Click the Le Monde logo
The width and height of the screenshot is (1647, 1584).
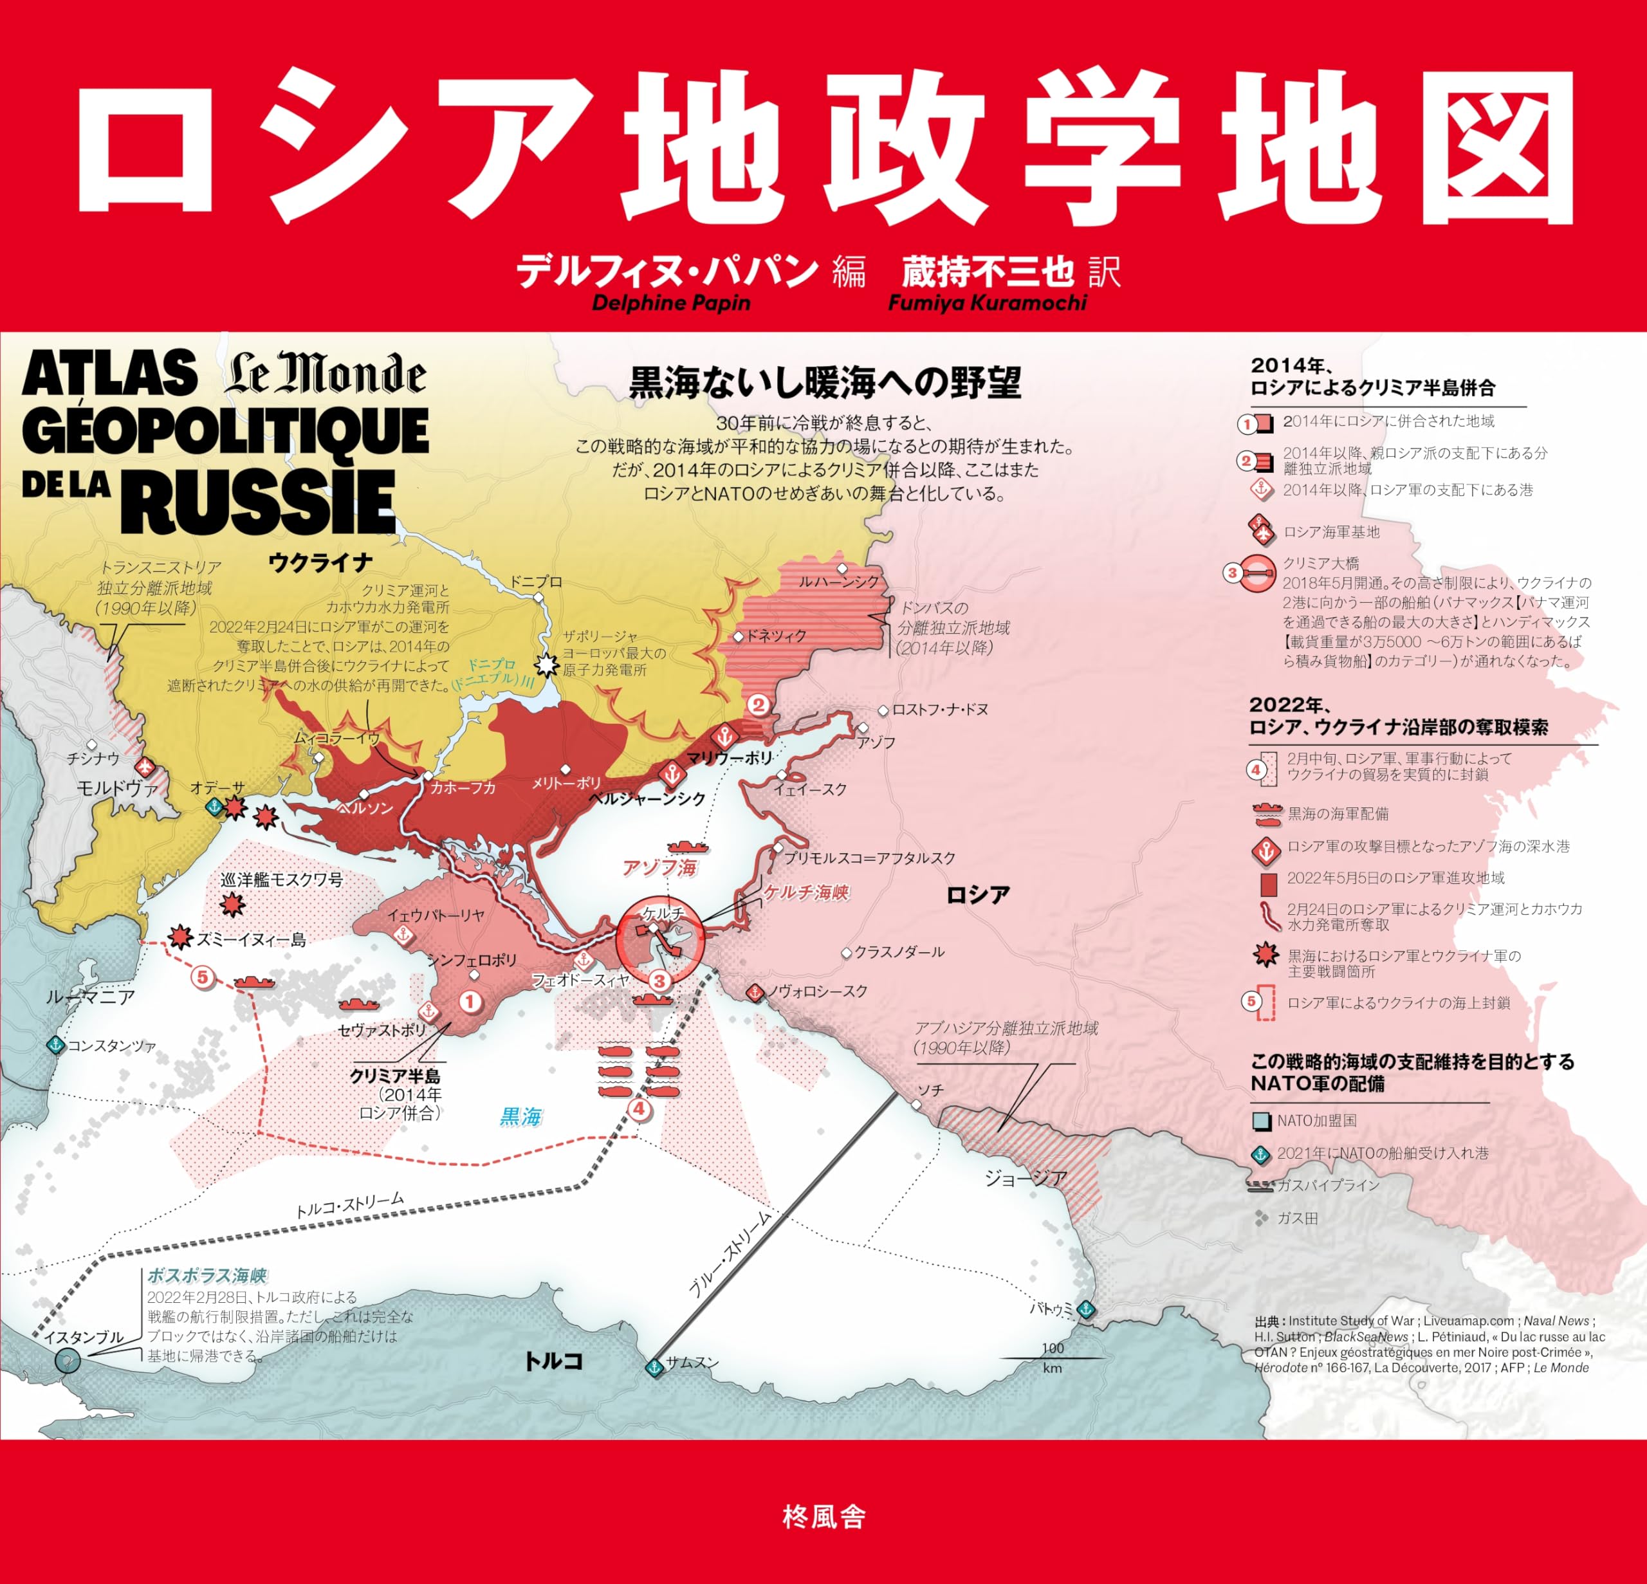pyautogui.click(x=325, y=375)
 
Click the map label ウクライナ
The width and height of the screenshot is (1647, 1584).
pyautogui.click(x=320, y=562)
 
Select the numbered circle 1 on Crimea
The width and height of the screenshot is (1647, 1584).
pyautogui.click(x=470, y=1001)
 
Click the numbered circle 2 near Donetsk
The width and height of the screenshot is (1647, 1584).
pyautogui.click(x=759, y=705)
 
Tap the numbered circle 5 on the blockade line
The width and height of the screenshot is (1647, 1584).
pyautogui.click(x=201, y=977)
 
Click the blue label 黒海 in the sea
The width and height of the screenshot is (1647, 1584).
pyautogui.click(x=521, y=1116)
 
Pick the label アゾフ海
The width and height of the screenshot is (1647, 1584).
pyautogui.click(x=659, y=867)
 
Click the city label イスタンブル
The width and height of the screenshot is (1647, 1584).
pyautogui.click(x=83, y=1337)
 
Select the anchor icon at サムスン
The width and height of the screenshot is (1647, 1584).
pyautogui.click(x=654, y=1367)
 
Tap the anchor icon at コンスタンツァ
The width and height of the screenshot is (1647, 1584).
pyautogui.click(x=55, y=1044)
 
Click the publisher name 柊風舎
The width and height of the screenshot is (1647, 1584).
pyautogui.click(x=823, y=1517)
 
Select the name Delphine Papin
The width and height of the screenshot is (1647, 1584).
pyautogui.click(x=670, y=302)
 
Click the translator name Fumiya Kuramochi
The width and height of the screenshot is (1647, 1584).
pyautogui.click(x=988, y=302)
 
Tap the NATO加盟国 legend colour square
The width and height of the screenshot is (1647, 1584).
pyautogui.click(x=1260, y=1121)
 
